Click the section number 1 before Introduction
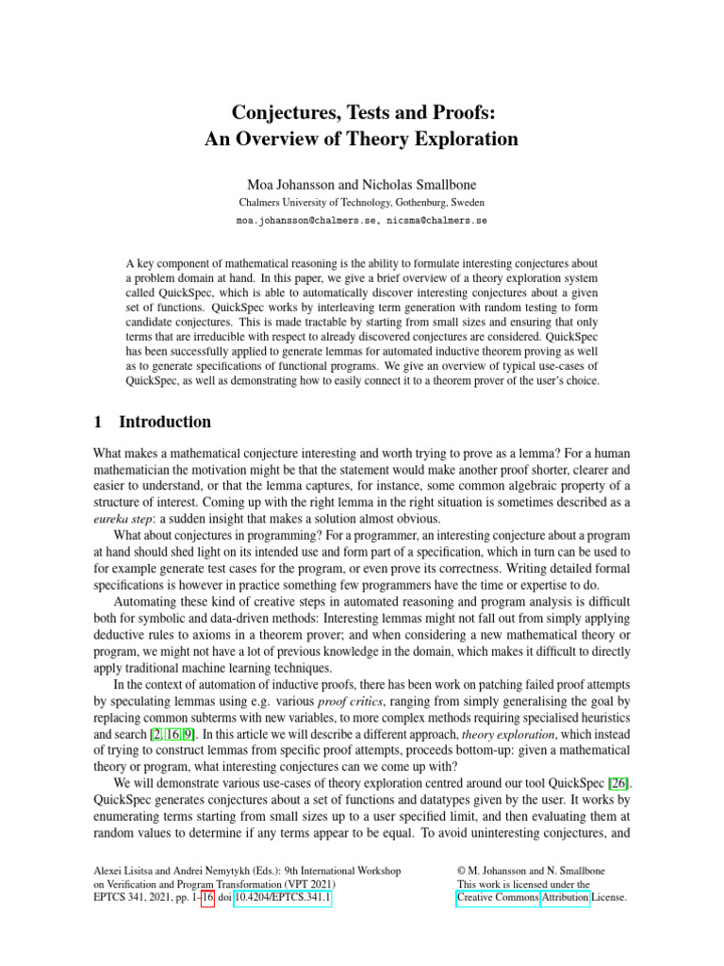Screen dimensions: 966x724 tap(102, 422)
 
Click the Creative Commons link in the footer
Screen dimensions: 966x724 tap(498, 899)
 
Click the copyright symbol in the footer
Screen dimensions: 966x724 tap(460, 870)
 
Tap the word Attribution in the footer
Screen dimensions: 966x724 tap(565, 899)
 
